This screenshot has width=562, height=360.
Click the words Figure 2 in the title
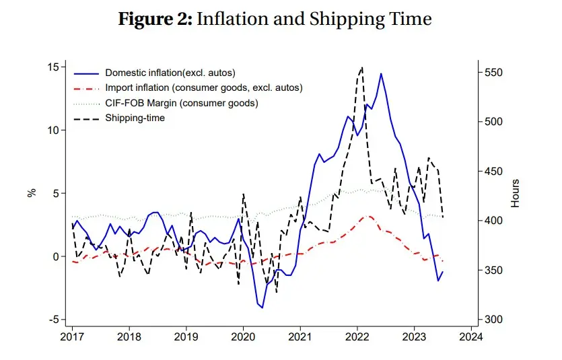point(154,19)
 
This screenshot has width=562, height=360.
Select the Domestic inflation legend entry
point(170,72)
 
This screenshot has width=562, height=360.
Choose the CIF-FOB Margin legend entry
point(181,103)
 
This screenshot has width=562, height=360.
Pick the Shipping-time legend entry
point(135,118)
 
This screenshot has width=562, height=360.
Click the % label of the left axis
point(31,193)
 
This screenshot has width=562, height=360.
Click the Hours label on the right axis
point(516,193)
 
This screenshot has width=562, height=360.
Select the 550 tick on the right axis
point(495,73)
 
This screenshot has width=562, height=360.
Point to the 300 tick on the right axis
point(495,320)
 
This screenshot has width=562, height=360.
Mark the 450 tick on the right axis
point(495,172)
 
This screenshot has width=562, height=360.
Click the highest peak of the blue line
point(381,74)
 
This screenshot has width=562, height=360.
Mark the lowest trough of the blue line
point(262,308)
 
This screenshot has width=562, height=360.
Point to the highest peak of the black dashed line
point(362,67)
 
